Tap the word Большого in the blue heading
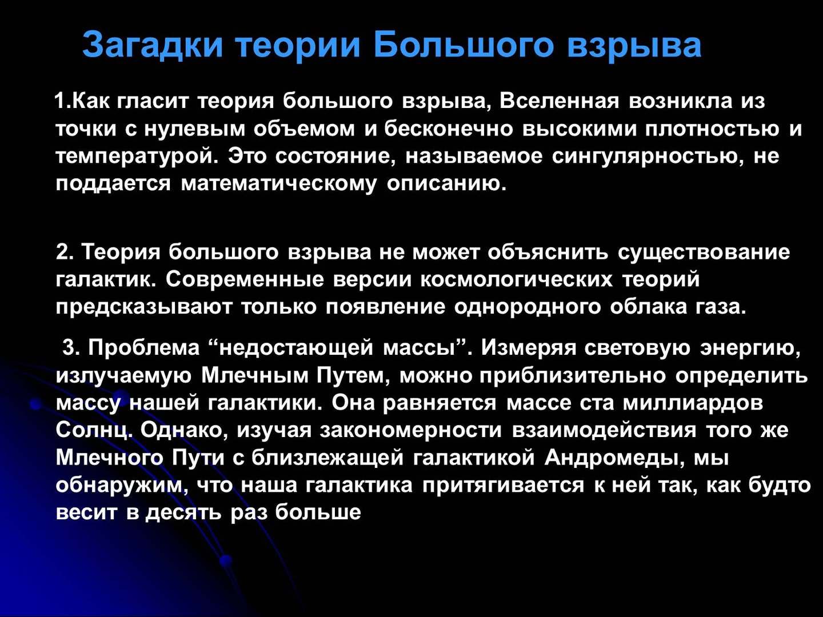[464, 45]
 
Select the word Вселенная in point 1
[559, 101]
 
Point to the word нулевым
[194, 129]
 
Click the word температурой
[137, 156]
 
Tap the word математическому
[279, 184]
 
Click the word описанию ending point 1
[446, 184]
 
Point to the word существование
[704, 252]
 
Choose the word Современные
[245, 279]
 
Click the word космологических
[516, 279]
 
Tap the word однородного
[527, 307]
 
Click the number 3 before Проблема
[69, 347]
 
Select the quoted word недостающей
[296, 348]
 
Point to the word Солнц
[94, 430]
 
